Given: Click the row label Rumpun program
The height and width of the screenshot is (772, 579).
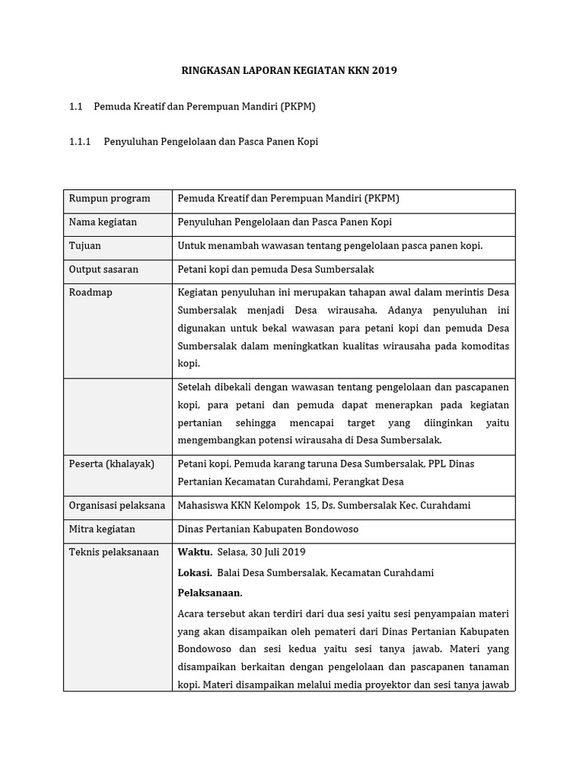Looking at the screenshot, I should click(109, 199).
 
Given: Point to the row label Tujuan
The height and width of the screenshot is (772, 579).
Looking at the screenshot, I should click(84, 246).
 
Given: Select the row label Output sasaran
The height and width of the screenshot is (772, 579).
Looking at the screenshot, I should click(103, 269).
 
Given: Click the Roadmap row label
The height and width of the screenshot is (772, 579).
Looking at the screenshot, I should click(90, 293).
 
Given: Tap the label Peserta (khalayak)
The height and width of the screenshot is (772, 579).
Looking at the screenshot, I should click(112, 464).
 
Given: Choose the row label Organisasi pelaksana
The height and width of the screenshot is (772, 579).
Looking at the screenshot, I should click(117, 506).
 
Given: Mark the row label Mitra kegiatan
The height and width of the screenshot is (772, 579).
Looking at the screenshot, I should click(103, 529).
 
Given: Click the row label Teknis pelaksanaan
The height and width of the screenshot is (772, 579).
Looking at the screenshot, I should click(114, 553).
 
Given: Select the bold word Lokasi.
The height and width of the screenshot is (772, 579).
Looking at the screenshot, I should click(195, 573).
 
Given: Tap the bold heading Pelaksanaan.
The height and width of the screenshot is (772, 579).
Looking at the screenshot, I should click(210, 593).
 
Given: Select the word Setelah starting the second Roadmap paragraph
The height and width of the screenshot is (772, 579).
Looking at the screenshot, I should click(195, 388).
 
